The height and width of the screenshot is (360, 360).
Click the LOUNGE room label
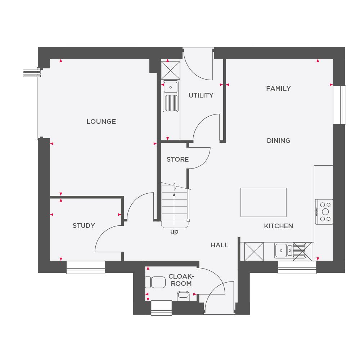pos(101,122)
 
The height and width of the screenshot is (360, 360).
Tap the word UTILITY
pos(201,95)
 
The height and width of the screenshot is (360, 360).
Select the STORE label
pos(177,159)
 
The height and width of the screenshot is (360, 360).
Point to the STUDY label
pos(84,226)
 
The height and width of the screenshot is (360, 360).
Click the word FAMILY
pos(278,89)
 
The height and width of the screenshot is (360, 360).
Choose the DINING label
pos(278,141)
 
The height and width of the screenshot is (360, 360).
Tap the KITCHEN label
pos(278,226)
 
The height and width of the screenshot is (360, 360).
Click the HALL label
pos(219,245)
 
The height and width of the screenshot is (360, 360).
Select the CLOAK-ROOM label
pos(181,280)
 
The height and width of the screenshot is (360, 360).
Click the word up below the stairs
pos(174,232)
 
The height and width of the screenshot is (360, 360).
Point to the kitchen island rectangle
pos(264,202)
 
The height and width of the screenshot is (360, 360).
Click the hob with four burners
pos(324,212)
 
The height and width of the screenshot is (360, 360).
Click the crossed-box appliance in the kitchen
pos(254,251)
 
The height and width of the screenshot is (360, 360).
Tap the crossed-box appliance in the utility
pos(170,70)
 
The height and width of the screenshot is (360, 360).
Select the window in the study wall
pos(86,267)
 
